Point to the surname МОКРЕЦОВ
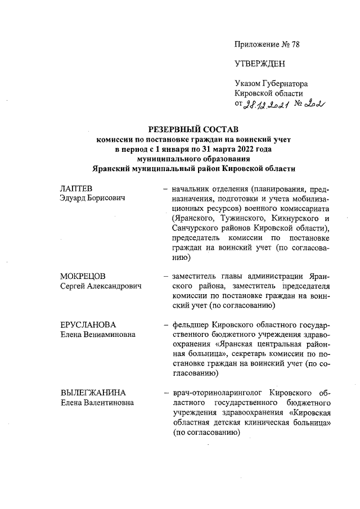click(83, 276)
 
